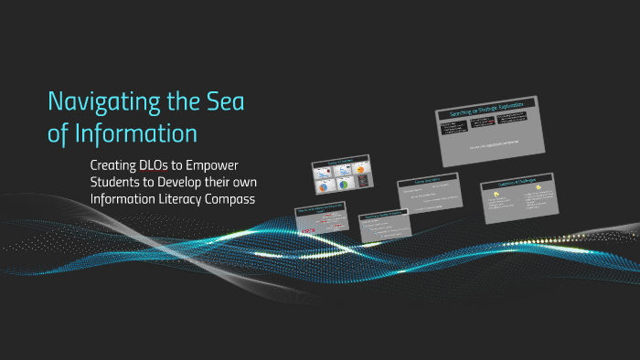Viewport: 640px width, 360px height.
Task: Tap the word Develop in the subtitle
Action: [x=193, y=182]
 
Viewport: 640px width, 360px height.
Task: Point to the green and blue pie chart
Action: [x=344, y=184]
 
